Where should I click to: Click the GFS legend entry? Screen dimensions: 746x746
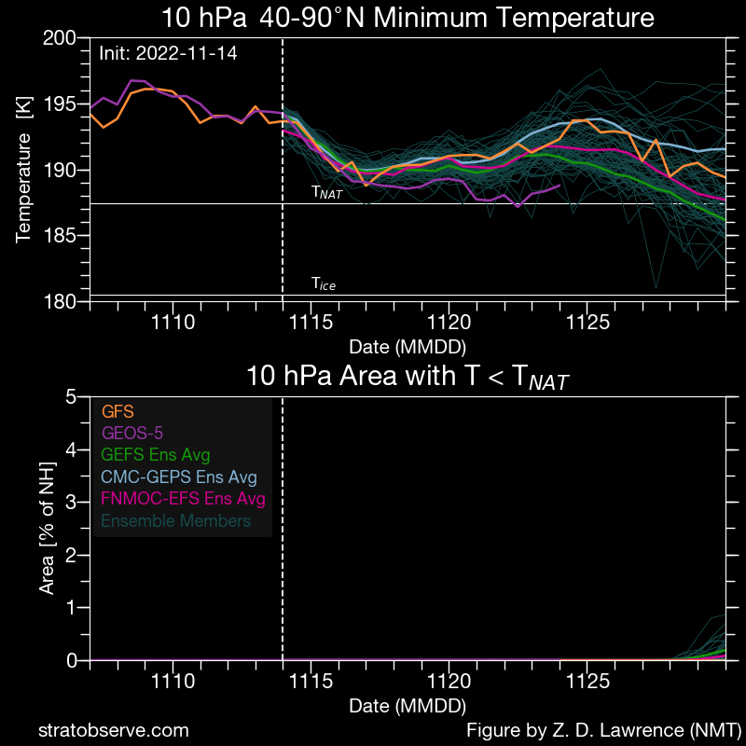point(117,410)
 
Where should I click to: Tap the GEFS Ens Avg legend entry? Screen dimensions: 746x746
point(155,455)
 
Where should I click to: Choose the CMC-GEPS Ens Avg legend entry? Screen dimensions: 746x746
point(178,477)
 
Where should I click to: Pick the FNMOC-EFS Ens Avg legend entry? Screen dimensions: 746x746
point(183,499)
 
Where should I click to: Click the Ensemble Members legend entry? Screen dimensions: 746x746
point(175,521)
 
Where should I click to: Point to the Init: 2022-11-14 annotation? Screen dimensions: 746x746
point(168,53)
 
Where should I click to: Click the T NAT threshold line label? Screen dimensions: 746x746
point(326,193)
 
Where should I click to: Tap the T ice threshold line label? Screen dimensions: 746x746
point(323,284)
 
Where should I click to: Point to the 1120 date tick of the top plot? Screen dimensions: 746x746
point(449,324)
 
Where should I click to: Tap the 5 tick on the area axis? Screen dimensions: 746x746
point(72,397)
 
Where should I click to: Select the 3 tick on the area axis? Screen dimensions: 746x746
point(72,503)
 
